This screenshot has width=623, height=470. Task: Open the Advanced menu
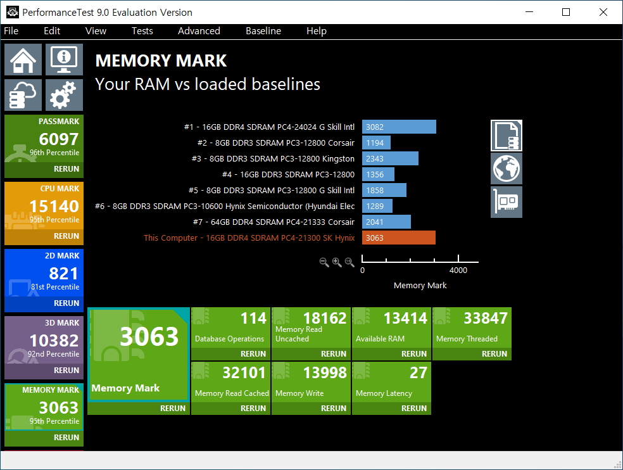click(199, 31)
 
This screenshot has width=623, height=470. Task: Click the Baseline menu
click(263, 31)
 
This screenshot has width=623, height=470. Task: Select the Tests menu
click(142, 31)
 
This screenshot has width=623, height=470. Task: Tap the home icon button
click(23, 60)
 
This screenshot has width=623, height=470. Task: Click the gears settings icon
click(64, 95)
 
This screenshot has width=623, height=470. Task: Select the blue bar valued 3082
click(399, 127)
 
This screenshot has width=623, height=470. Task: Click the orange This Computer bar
click(399, 238)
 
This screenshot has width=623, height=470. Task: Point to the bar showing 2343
click(390, 158)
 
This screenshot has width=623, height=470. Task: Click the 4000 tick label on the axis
click(458, 270)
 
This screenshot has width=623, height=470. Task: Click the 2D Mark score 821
click(63, 274)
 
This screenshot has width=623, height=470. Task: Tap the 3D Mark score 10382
click(54, 341)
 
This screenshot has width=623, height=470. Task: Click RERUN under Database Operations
click(253, 354)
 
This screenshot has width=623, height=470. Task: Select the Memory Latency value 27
click(418, 372)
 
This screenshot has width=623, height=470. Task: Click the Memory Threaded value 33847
click(486, 318)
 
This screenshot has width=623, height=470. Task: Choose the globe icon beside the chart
click(507, 168)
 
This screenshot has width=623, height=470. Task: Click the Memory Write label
click(299, 393)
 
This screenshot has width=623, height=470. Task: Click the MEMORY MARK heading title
click(161, 61)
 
